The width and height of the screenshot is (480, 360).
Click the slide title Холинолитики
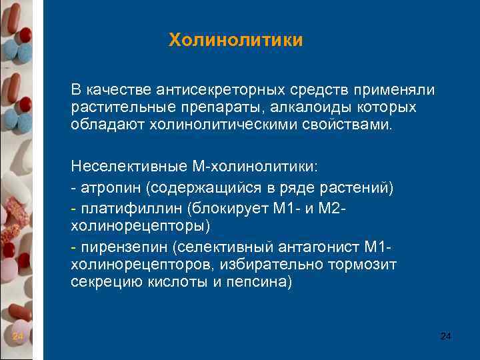point(235,41)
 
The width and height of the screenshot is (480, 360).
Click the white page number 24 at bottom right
point(445,337)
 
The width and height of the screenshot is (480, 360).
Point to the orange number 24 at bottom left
point(18,337)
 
